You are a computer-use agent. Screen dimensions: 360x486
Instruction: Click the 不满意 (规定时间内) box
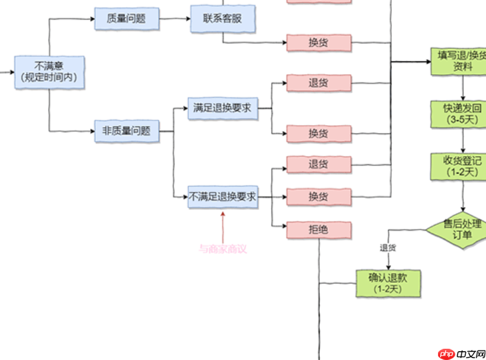pyautogui.click(x=50, y=72)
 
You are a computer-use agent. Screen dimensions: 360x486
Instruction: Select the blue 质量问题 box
pyautogui.click(x=127, y=18)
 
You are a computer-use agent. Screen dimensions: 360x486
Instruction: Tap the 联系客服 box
pyautogui.click(x=223, y=18)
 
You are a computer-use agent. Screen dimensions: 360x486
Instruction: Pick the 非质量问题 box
pyautogui.click(x=127, y=130)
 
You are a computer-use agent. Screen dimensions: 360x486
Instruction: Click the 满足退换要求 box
pyautogui.click(x=223, y=109)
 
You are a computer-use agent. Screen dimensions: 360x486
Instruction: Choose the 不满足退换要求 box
pyautogui.click(x=223, y=197)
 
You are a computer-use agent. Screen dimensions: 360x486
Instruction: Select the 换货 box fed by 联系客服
pyautogui.click(x=319, y=43)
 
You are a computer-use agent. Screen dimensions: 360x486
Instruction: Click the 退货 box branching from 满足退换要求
pyautogui.click(x=319, y=83)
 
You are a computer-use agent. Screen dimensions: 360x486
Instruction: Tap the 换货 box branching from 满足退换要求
pyautogui.click(x=319, y=133)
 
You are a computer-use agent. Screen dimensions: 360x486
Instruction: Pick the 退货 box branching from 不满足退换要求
pyautogui.click(x=319, y=164)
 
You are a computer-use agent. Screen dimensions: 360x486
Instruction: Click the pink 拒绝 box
pyautogui.click(x=319, y=230)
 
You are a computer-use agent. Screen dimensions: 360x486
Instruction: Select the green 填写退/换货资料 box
pyautogui.click(x=458, y=61)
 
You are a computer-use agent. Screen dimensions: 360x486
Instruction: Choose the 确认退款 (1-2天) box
pyautogui.click(x=388, y=283)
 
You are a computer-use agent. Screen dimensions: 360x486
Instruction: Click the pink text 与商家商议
pyautogui.click(x=222, y=249)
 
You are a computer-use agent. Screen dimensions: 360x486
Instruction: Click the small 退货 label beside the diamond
pyautogui.click(x=388, y=247)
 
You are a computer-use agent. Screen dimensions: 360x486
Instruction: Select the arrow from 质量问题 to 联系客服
pyautogui.click(x=175, y=18)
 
